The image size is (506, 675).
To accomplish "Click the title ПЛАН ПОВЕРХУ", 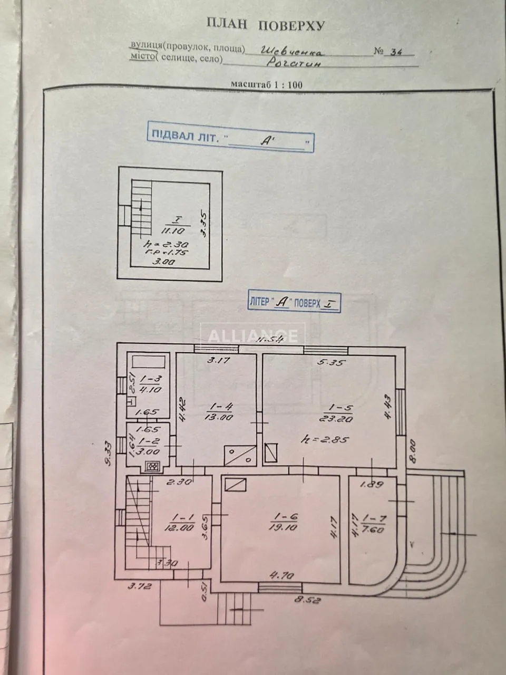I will point(265,25).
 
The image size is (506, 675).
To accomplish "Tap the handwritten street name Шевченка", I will point(293,52).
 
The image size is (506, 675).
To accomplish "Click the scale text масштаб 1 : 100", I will point(266,84).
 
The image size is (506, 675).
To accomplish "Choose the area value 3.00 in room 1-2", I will point(148,452).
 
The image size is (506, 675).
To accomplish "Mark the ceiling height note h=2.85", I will point(324,439).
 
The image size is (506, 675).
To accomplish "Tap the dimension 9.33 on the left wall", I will point(107,452).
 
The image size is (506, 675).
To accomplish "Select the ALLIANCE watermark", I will point(253,336).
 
